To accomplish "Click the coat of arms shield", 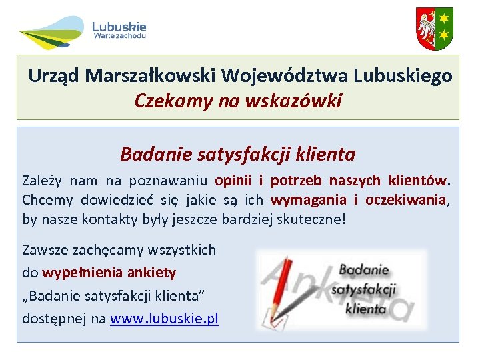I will click(434, 29).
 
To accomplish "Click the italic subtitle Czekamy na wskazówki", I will click(238, 101).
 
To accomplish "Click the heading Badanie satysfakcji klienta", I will click(238, 155).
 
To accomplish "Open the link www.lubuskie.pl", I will click(164, 318).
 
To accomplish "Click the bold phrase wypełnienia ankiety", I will click(109, 273).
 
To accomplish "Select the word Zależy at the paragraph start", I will click(42, 181).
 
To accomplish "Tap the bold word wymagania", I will click(309, 200).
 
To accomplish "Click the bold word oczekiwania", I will click(406, 200).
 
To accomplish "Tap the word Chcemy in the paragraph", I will click(48, 200).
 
